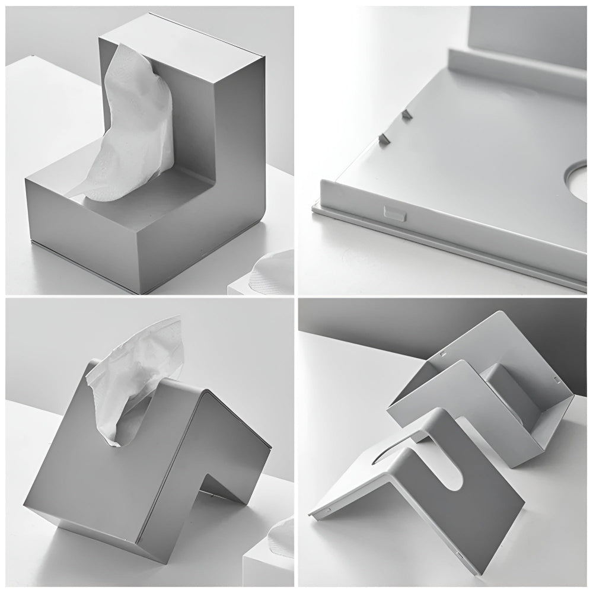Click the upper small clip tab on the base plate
coord(406,114)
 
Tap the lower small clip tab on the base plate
coord(384,139)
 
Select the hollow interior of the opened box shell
coord(510,403)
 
